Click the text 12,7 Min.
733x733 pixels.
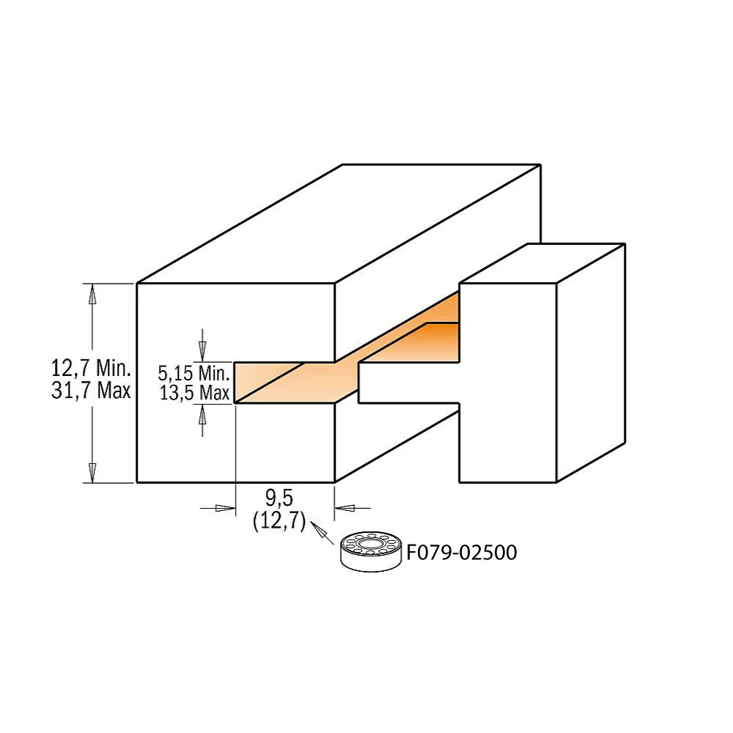(90, 367)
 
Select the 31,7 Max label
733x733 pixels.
(90, 391)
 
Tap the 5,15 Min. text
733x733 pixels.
(194, 372)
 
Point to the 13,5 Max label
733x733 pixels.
(195, 393)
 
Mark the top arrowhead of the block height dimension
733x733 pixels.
(92, 293)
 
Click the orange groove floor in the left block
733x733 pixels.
(293, 381)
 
